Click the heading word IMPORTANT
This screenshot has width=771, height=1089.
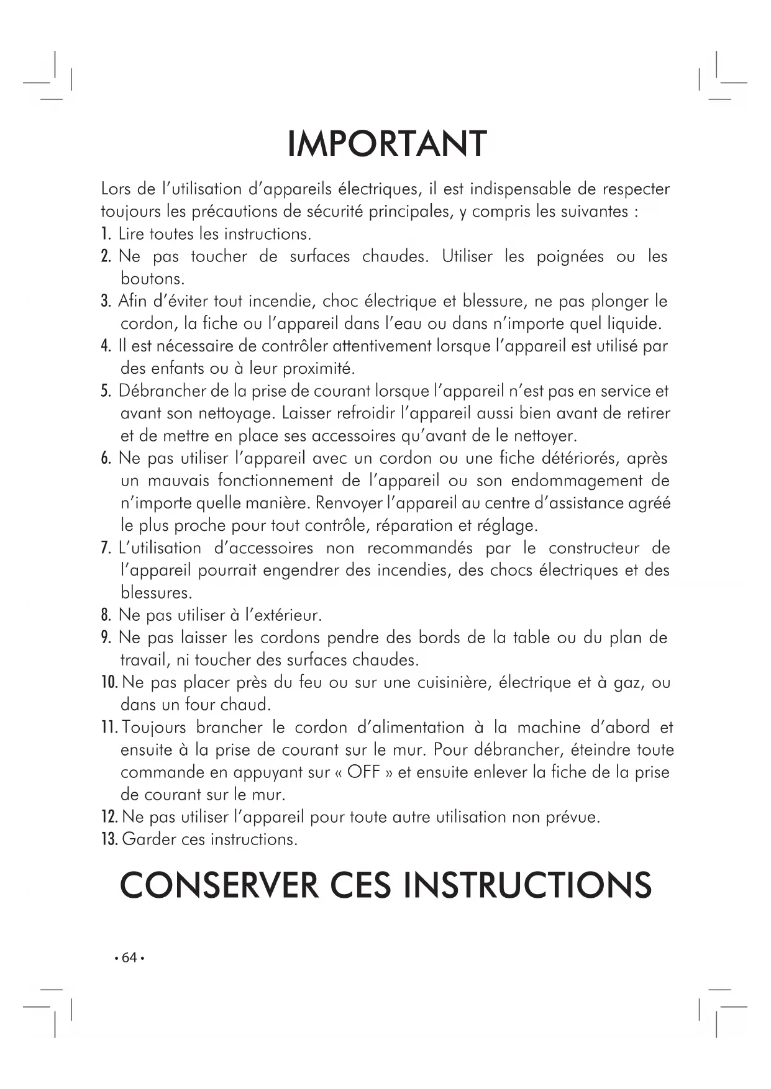click(x=387, y=145)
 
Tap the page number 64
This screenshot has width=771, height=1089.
click(x=129, y=958)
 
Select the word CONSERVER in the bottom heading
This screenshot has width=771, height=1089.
click(x=218, y=885)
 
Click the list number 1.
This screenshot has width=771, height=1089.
click(x=106, y=234)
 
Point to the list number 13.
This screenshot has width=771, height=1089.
click(x=109, y=839)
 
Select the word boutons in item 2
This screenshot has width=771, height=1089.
click(x=152, y=279)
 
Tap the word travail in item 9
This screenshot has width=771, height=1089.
click(x=143, y=660)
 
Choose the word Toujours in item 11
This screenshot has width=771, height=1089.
click(x=153, y=728)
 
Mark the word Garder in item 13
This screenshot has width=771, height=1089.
click(x=148, y=839)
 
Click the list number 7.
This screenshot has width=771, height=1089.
click(x=106, y=548)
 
